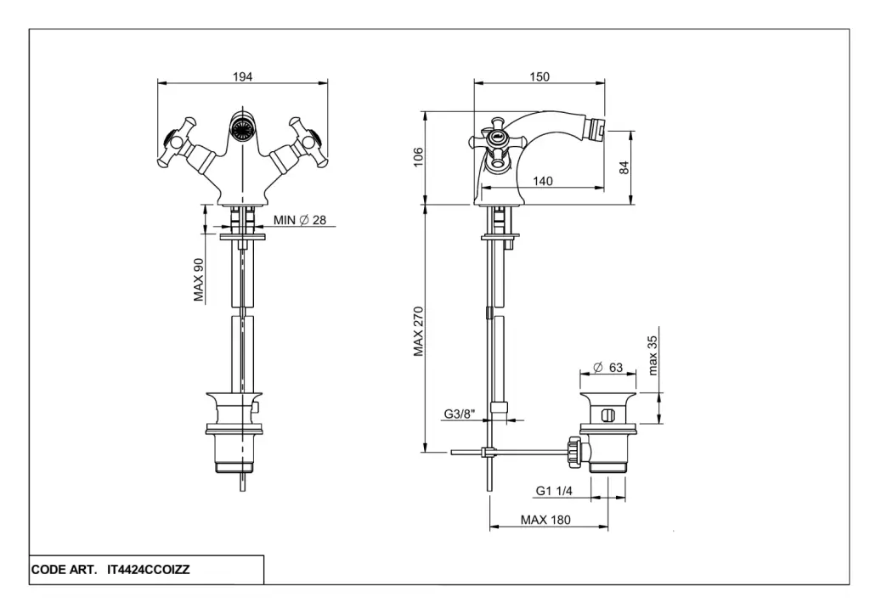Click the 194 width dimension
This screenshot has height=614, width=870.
tap(242, 76)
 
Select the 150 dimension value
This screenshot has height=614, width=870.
tap(540, 76)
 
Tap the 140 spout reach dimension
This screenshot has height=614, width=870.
tap(542, 181)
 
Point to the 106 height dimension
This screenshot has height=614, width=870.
tap(418, 156)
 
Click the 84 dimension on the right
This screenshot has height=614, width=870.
tap(624, 167)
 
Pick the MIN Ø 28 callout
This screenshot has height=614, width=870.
tap(300, 220)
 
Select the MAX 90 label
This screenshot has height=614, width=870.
tap(199, 280)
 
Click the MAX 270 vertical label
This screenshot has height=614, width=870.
tap(418, 331)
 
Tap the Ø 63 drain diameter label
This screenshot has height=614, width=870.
tap(607, 367)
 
